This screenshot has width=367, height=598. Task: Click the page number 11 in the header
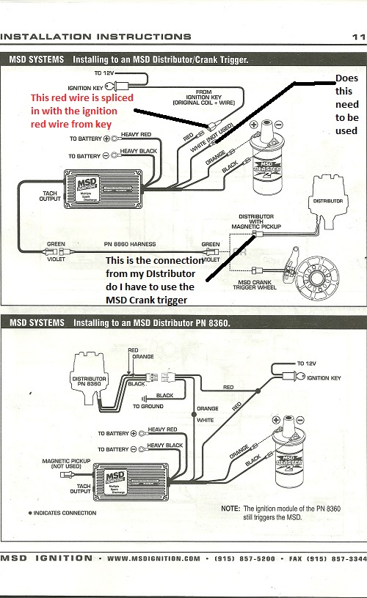359,37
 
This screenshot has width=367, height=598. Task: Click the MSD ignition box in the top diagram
104,189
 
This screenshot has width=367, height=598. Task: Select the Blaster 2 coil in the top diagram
267,158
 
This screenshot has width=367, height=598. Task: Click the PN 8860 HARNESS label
130,244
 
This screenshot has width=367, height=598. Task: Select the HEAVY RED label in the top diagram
136,134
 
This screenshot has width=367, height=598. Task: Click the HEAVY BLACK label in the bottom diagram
165,445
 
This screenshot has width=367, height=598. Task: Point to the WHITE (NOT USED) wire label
211,138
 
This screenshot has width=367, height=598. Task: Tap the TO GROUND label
148,406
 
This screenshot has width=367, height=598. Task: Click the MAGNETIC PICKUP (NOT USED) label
67,463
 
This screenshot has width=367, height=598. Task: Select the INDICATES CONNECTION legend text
65,513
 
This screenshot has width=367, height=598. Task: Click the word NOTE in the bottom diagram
230,509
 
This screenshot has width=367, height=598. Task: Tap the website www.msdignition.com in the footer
153,558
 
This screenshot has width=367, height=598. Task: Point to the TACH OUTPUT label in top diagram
50,196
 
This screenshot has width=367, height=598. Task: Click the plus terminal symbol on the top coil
253,125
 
